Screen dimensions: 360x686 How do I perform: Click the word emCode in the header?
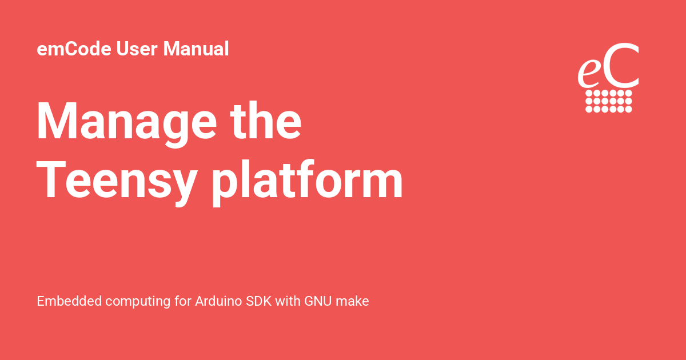pyautogui.click(x=74, y=49)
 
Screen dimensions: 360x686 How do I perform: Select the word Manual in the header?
pyautogui.click(x=196, y=49)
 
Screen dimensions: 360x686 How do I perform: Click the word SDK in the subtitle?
pyautogui.click(x=258, y=301)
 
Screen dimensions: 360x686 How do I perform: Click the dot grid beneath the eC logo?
pyautogui.click(x=609, y=101)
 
